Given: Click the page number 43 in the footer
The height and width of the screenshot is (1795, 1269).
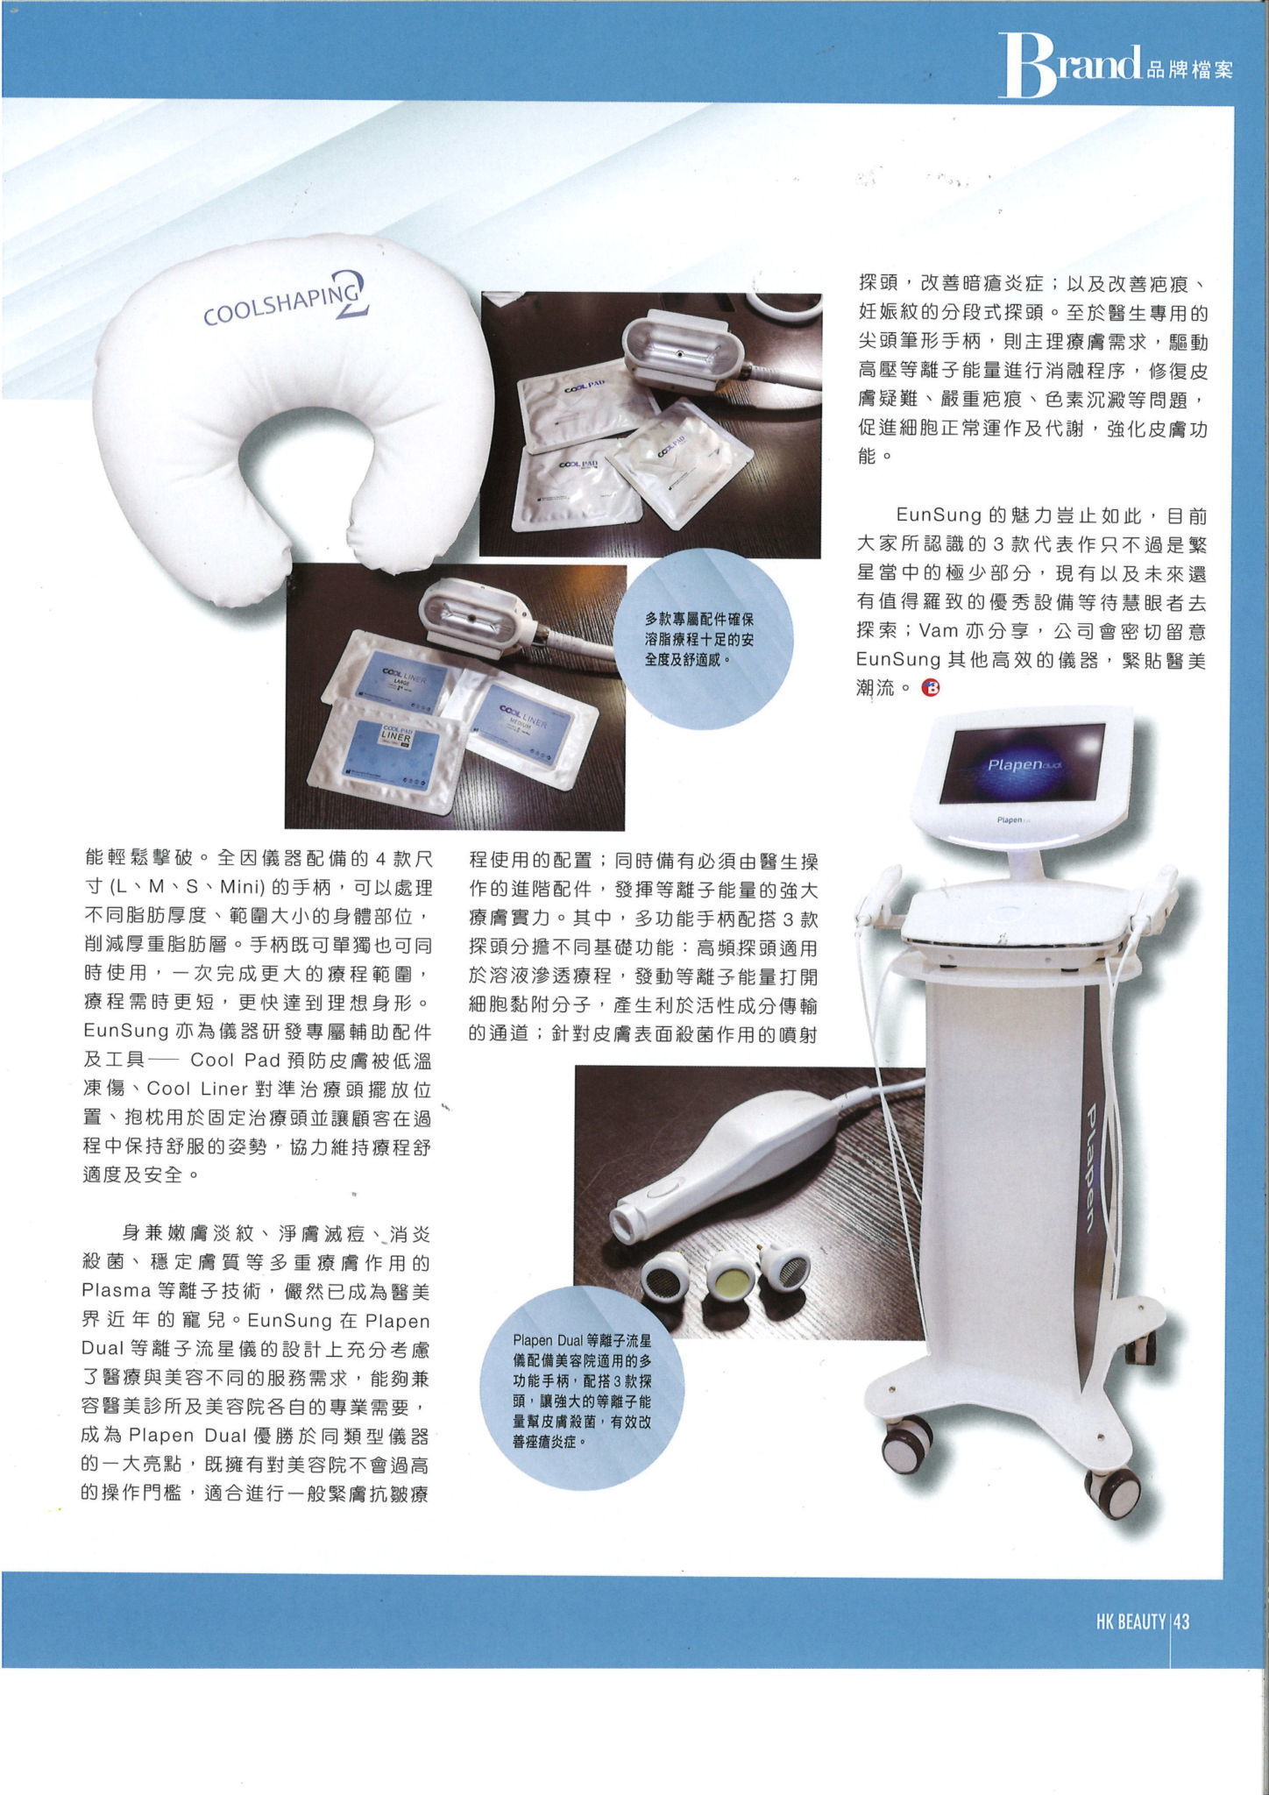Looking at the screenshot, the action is tap(1181, 1622).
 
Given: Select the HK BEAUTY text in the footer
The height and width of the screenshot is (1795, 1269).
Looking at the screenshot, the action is tap(1131, 1622).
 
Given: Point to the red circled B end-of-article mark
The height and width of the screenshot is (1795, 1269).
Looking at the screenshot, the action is tap(931, 689).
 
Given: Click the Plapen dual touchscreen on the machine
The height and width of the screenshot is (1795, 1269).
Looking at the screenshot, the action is tap(1021, 763).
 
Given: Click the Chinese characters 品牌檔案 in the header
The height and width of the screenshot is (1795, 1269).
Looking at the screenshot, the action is tap(1188, 69).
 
